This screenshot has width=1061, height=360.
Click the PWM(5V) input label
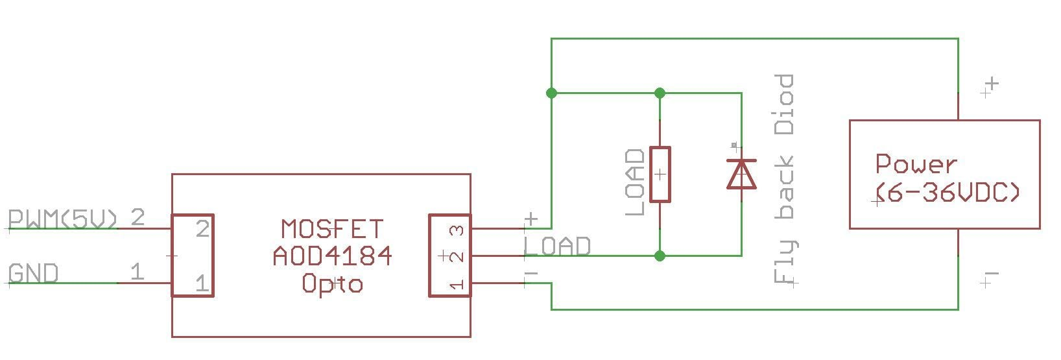pyautogui.click(x=63, y=219)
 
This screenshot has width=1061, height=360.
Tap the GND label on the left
pyautogui.click(x=33, y=274)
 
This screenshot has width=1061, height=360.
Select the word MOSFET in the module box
pyautogui.click(x=332, y=229)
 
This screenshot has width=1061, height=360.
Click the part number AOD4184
pyautogui.click(x=332, y=256)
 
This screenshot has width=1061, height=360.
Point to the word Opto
pyautogui.click(x=332, y=283)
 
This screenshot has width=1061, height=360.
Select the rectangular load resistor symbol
pyautogui.click(x=660, y=174)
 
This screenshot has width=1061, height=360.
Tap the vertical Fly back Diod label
pyautogui.click(x=785, y=179)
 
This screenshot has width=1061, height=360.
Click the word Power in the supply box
pyautogui.click(x=916, y=164)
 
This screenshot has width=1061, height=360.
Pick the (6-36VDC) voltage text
pyautogui.click(x=948, y=193)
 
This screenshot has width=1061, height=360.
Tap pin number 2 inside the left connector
pyautogui.click(x=202, y=229)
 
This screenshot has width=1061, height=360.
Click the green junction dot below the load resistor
pyautogui.click(x=660, y=256)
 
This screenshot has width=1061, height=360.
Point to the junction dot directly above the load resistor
pyautogui.click(x=660, y=93)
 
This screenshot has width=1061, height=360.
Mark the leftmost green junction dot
pyautogui.click(x=551, y=93)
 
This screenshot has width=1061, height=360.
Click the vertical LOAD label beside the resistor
pyautogui.click(x=636, y=182)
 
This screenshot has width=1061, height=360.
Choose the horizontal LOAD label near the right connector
pyautogui.click(x=558, y=246)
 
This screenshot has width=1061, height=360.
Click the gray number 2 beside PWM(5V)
pyautogui.click(x=137, y=217)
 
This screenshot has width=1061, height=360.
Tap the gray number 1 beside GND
pyautogui.click(x=137, y=272)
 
